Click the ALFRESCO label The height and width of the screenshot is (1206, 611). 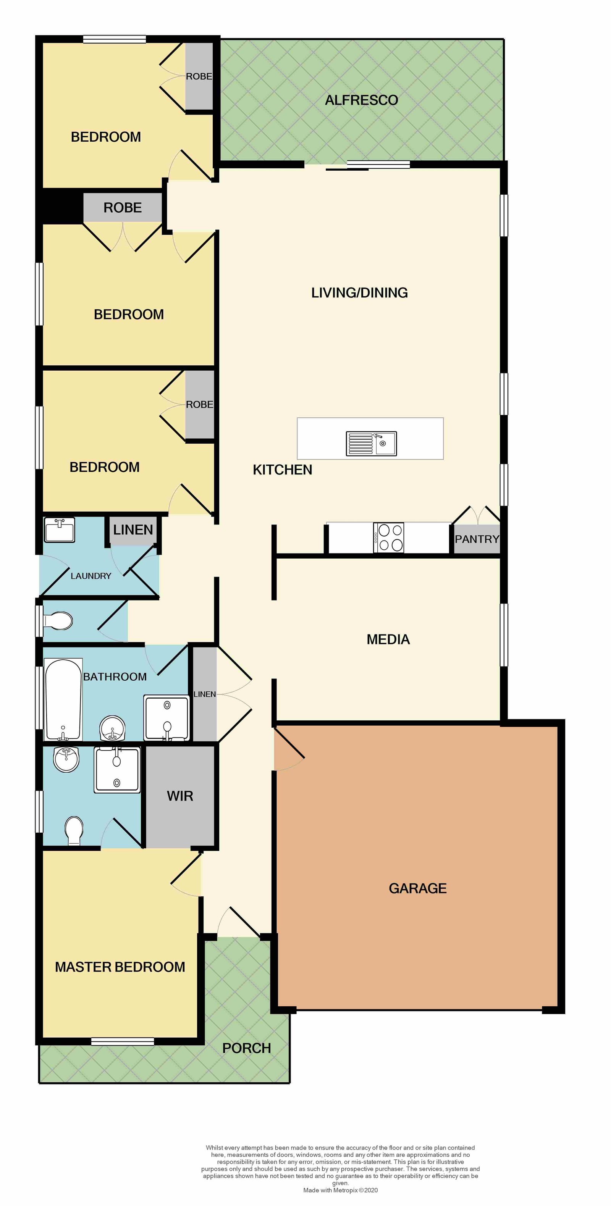pyautogui.click(x=362, y=100)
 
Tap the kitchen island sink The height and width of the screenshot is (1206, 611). pyautogui.click(x=371, y=443)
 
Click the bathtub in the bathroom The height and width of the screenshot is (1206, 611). pyautogui.click(x=63, y=699)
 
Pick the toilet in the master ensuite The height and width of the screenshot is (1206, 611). pyautogui.click(x=74, y=830)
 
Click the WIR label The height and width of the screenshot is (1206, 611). pyautogui.click(x=180, y=796)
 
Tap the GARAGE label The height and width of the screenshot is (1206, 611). pyautogui.click(x=418, y=888)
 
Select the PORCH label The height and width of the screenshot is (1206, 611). pyautogui.click(x=247, y=1048)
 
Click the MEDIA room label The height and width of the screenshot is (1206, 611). pyautogui.click(x=388, y=639)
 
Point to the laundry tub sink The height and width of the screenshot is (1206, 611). pyautogui.click(x=60, y=530)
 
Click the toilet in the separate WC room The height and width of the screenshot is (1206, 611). pyautogui.click(x=58, y=621)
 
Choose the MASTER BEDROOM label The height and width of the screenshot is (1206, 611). pyautogui.click(x=120, y=967)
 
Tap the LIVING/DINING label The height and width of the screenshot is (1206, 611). pyautogui.click(x=360, y=292)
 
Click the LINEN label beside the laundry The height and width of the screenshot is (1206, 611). pyautogui.click(x=133, y=530)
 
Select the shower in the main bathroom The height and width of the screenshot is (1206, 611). pyautogui.click(x=166, y=718)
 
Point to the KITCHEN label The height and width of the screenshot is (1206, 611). pyautogui.click(x=282, y=470)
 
